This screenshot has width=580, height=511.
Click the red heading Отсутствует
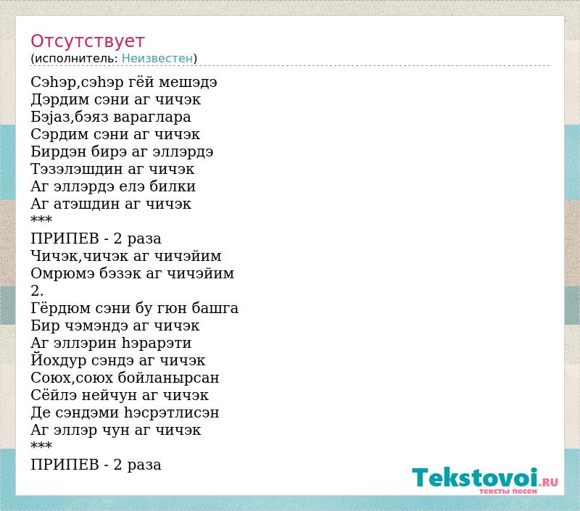tap(87, 41)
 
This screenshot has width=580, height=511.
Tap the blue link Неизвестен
tap(157, 59)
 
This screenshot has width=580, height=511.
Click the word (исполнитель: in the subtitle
tap(75, 59)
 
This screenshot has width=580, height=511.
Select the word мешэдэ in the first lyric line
tap(188, 82)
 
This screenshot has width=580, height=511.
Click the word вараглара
tap(152, 117)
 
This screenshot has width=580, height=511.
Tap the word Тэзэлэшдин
tap(77, 170)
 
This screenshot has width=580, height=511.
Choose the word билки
tap(172, 186)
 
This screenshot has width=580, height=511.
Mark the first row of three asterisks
tap(41, 219)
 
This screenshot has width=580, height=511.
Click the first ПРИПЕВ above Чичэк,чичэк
tap(65, 238)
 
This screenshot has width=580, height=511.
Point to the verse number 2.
tap(37, 291)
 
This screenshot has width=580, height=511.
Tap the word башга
tap(215, 308)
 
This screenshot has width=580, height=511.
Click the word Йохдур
tap(59, 360)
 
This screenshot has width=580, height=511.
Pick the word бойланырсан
tap(168, 378)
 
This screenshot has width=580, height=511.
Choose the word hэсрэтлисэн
tap(171, 412)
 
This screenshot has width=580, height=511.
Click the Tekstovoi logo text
tap(475, 478)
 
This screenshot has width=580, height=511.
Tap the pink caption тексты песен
tap(508, 491)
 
